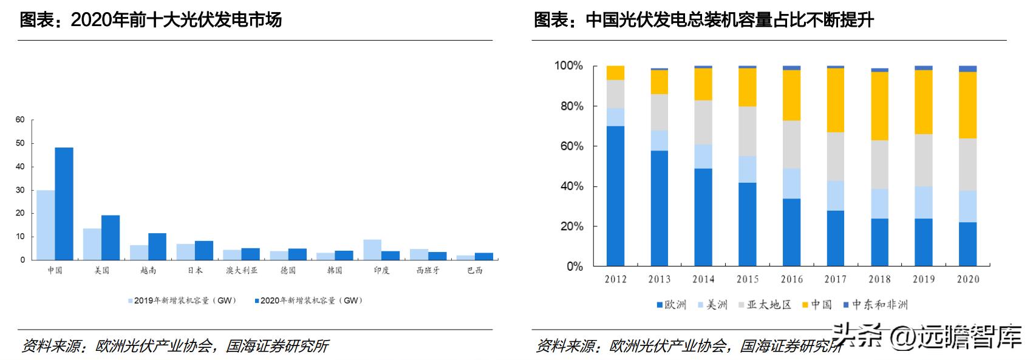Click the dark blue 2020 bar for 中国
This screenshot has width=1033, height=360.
click(64, 203)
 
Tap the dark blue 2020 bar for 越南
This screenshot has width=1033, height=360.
click(157, 246)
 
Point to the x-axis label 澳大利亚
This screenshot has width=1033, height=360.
click(242, 271)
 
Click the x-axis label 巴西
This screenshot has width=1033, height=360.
click(475, 271)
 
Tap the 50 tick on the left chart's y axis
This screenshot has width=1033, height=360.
click(20, 143)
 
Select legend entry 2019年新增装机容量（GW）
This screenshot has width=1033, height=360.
click(184, 301)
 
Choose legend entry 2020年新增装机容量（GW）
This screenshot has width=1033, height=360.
click(310, 301)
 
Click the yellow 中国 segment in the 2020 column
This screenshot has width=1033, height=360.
click(967, 105)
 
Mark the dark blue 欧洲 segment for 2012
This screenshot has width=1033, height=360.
click(615, 196)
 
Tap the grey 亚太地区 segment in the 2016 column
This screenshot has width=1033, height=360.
click(791, 144)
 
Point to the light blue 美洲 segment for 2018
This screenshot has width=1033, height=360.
click(879, 203)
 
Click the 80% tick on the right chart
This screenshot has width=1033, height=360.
click(569, 106)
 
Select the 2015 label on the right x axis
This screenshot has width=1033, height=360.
click(748, 279)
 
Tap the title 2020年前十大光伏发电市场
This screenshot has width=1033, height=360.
click(151, 20)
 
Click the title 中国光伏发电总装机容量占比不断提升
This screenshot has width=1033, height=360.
click(703, 20)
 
